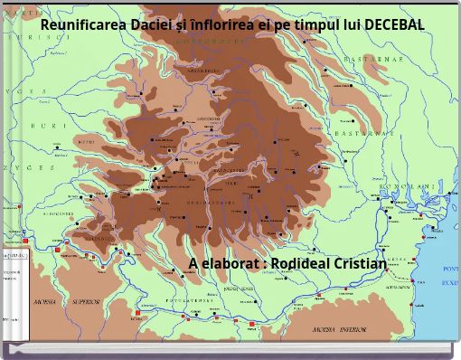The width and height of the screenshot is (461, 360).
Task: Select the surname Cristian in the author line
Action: [x=362, y=263]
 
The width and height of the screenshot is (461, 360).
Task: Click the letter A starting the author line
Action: [x=194, y=263]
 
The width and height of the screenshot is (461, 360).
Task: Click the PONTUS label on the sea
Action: [x=450, y=269]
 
